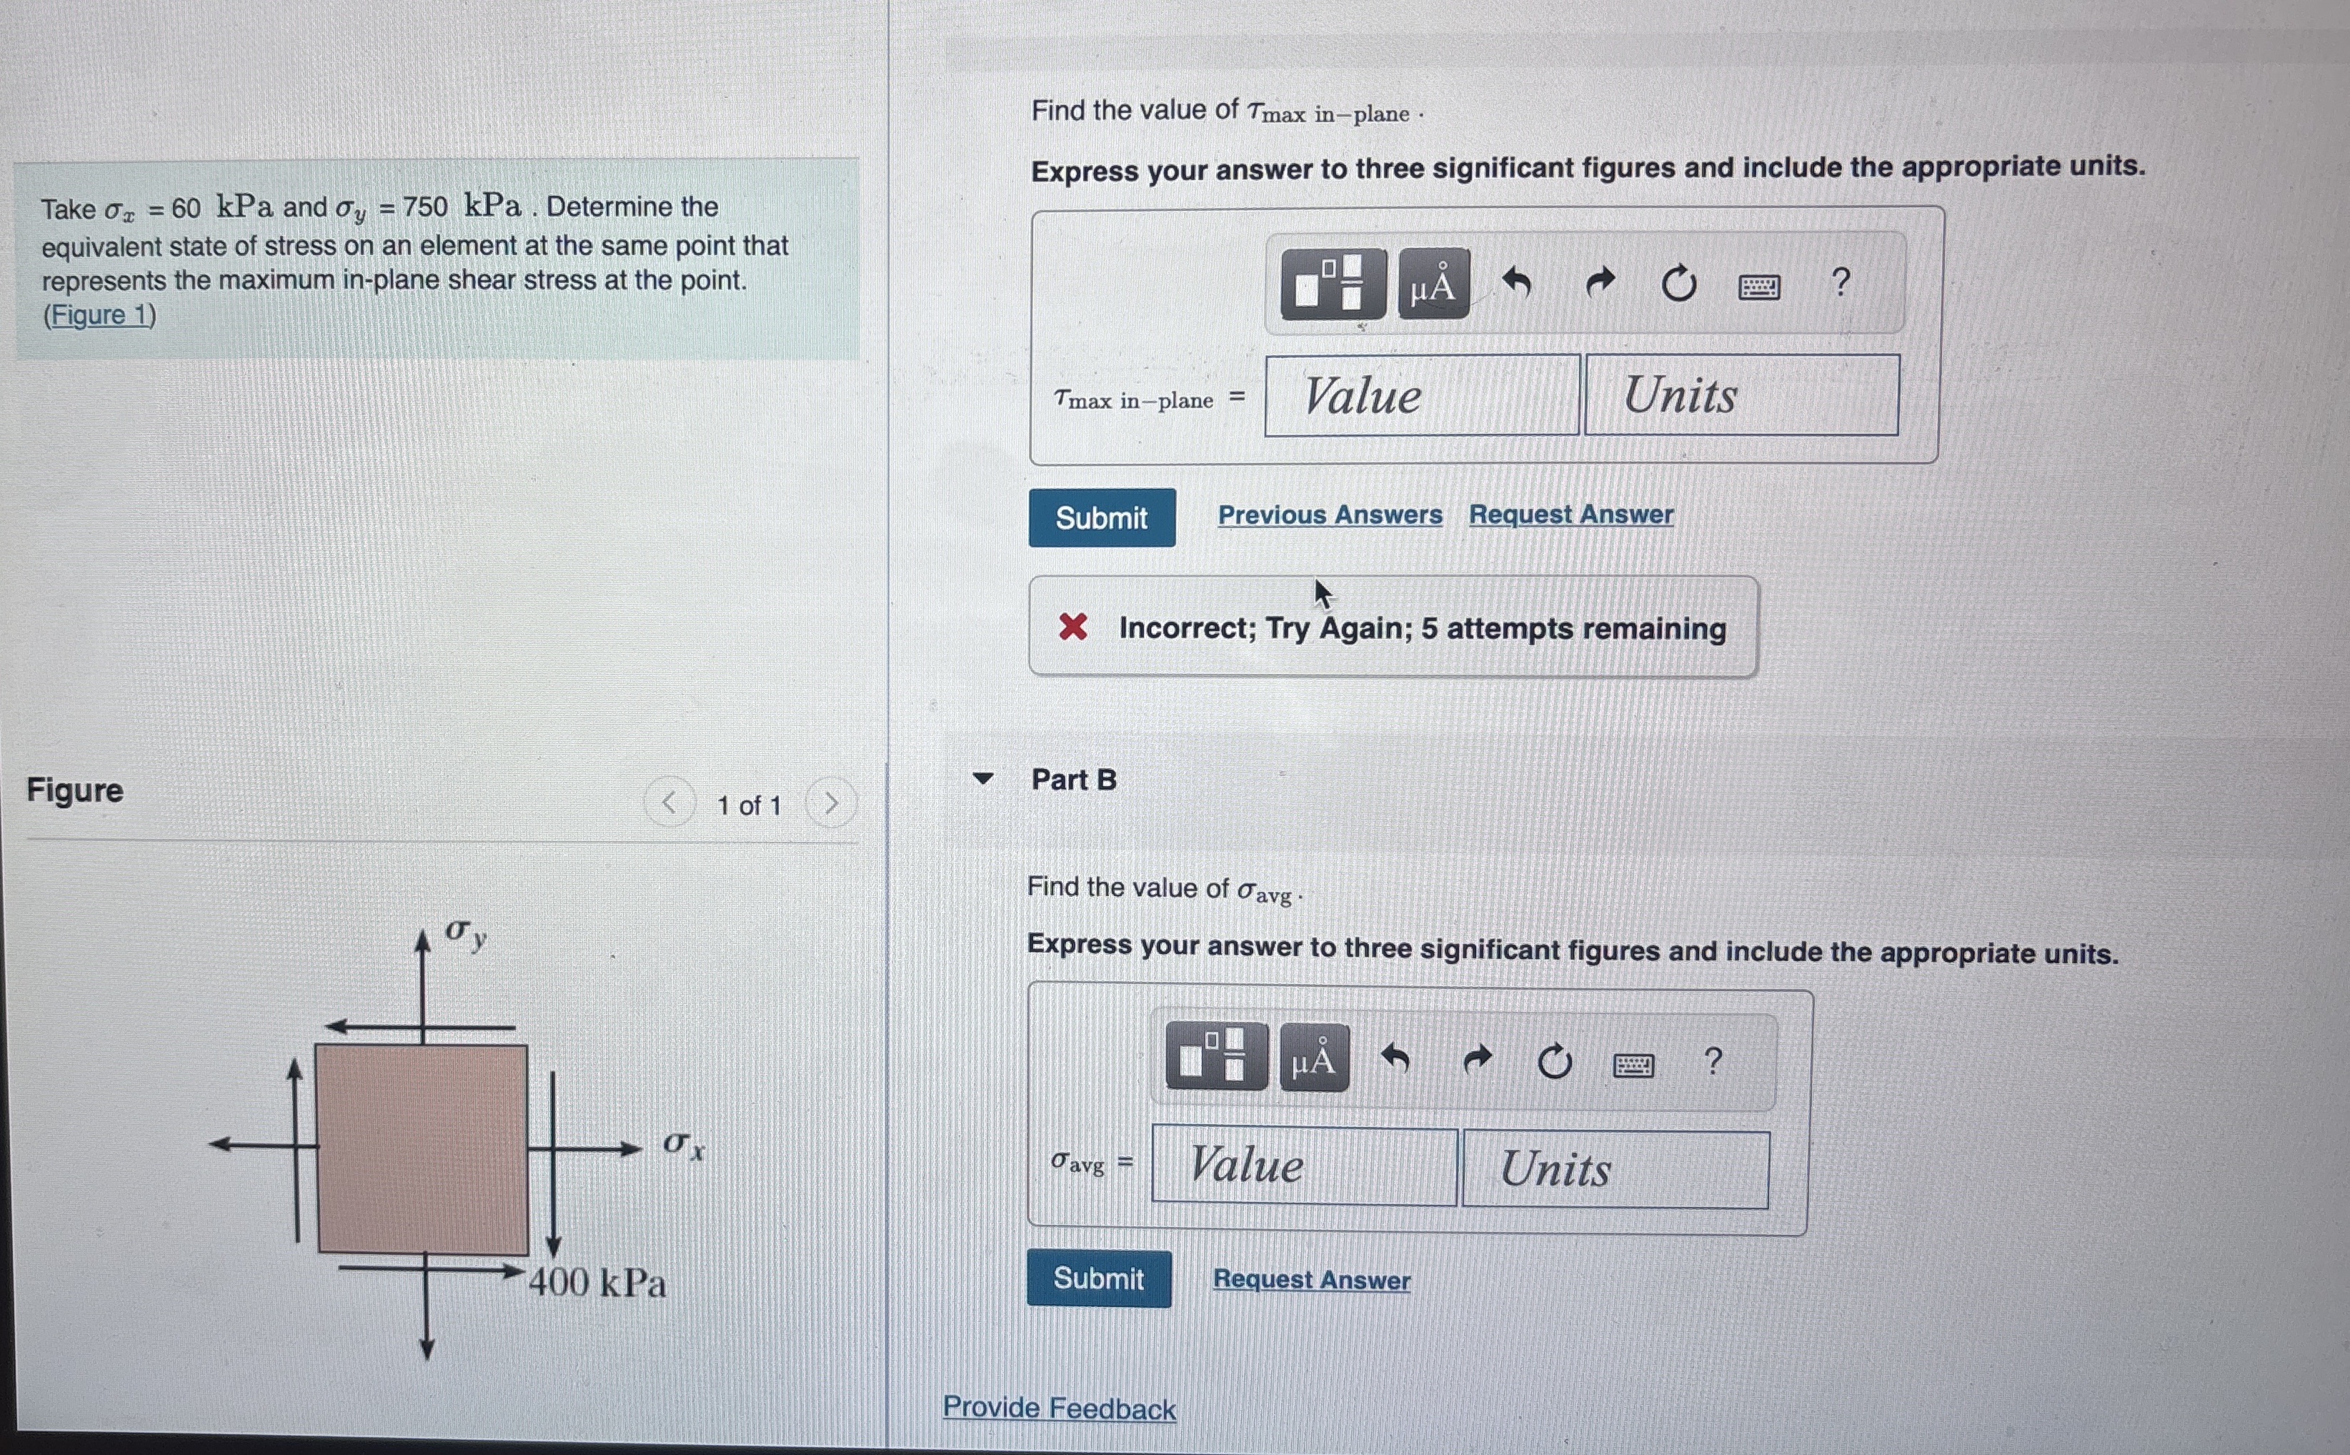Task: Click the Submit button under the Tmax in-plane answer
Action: click(1102, 517)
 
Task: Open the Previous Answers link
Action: click(1330, 515)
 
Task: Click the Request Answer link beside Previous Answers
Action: click(1571, 515)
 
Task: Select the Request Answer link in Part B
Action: click(1311, 1279)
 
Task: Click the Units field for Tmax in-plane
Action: click(1741, 395)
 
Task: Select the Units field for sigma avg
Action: click(1614, 1168)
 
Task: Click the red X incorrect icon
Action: click(1072, 627)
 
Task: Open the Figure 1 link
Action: click(99, 316)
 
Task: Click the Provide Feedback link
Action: click(1058, 1408)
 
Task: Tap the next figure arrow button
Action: click(831, 803)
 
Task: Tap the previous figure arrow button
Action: click(669, 803)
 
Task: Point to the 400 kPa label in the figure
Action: click(597, 1283)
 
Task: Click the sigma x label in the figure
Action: click(683, 1145)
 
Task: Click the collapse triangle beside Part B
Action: click(982, 778)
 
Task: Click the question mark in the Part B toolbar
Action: click(1712, 1061)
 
